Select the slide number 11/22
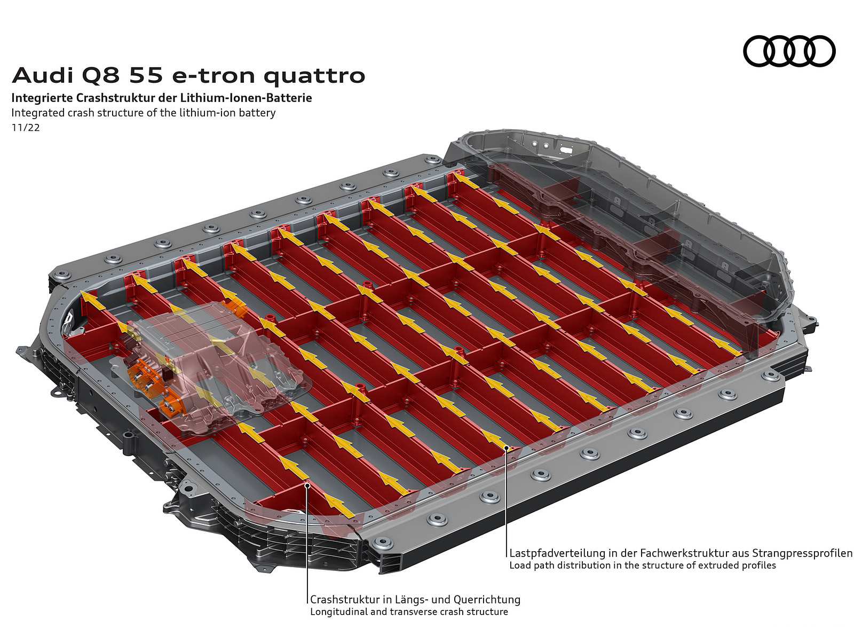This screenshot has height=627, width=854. tap(26, 128)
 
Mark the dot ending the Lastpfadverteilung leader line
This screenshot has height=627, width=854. tap(507, 448)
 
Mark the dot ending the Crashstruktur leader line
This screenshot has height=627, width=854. tap(307, 485)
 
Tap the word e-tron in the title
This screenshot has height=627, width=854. tap(213, 76)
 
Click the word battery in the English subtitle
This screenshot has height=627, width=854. tap(258, 113)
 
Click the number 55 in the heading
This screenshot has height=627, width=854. tap(147, 75)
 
